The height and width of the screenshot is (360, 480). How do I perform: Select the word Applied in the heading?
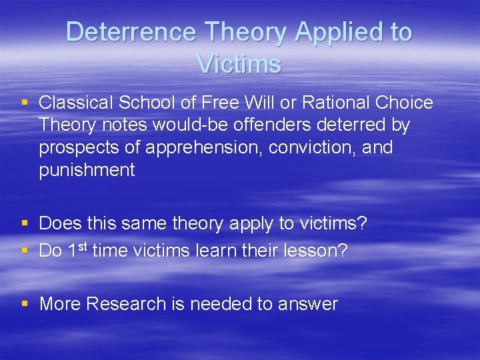coord(338,32)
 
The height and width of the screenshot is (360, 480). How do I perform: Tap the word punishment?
coord(87,170)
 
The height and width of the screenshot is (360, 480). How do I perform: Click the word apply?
coord(250,223)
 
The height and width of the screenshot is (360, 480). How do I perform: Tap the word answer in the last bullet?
coord(308,305)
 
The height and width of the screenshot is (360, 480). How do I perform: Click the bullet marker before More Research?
coord(25,303)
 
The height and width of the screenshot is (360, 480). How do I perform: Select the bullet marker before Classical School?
coord(25,102)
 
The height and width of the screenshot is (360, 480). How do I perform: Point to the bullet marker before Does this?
coord(25,223)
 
